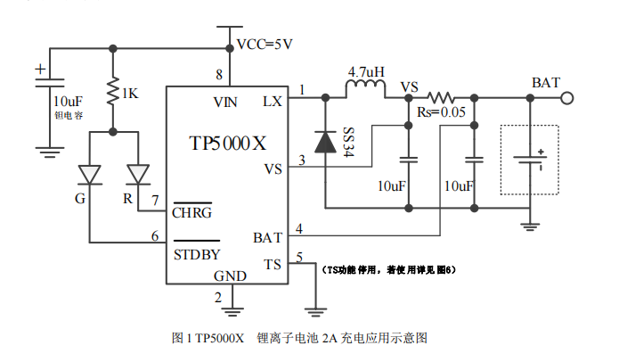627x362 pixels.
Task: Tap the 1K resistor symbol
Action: click(x=113, y=92)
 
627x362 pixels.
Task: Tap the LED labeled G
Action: click(x=90, y=172)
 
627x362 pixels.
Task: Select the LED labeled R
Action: click(x=139, y=172)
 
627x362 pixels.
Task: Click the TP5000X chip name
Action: click(x=228, y=144)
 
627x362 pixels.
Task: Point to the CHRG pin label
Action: click(x=191, y=212)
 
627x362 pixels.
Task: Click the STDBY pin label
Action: click(x=196, y=254)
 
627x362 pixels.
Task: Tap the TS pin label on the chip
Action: click(x=273, y=264)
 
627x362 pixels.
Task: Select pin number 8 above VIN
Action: click(x=219, y=73)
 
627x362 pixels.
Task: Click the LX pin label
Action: click(x=273, y=102)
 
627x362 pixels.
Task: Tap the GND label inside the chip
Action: click(x=231, y=276)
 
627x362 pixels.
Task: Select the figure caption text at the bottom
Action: click(x=300, y=338)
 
